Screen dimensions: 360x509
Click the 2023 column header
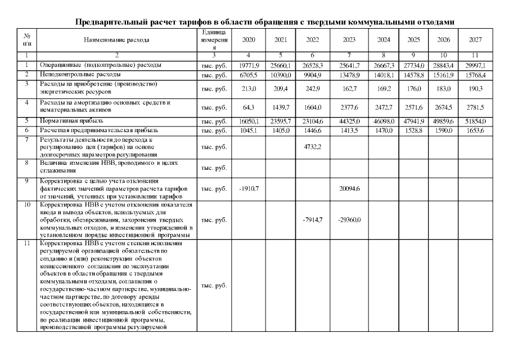(349, 40)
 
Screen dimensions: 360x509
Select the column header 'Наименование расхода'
(116, 40)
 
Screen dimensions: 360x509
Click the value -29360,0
(349, 220)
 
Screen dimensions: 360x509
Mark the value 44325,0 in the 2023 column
(349, 121)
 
